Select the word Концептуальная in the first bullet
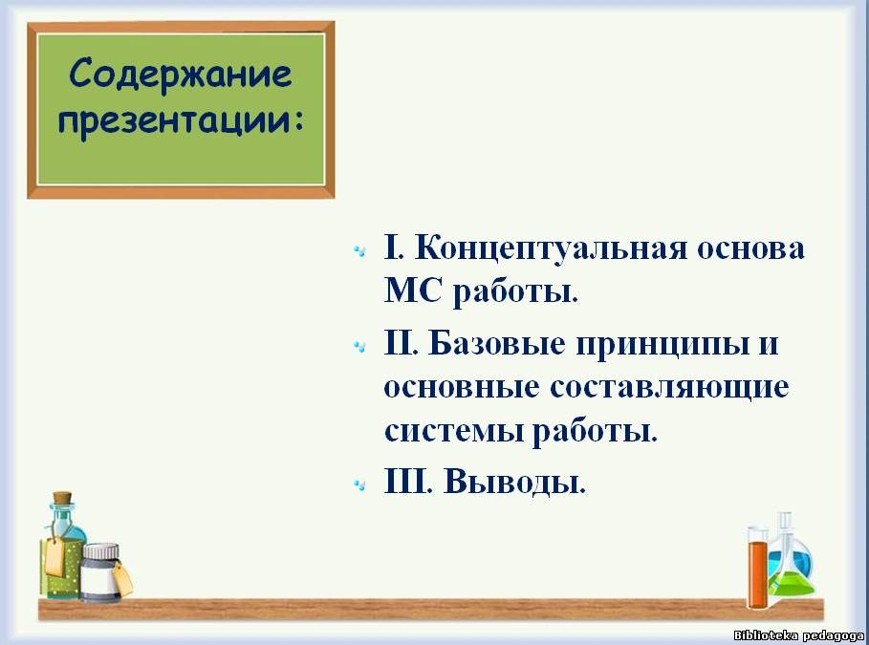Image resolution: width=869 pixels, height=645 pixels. (x=551, y=247)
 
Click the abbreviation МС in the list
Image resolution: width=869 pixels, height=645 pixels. (x=412, y=289)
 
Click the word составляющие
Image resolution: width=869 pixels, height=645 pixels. (x=669, y=387)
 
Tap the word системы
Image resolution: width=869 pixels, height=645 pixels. (x=453, y=431)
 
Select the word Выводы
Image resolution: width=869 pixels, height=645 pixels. (x=514, y=482)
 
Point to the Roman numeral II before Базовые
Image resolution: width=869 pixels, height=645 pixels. (x=401, y=343)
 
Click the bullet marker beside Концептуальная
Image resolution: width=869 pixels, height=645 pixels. (x=359, y=251)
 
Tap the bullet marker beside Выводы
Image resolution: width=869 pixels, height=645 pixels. (x=359, y=485)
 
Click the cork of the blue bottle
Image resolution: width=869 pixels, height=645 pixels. (x=62, y=498)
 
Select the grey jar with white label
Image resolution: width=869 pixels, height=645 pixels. (x=100, y=573)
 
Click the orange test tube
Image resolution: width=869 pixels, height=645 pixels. (x=757, y=568)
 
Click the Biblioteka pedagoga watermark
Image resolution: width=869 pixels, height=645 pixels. (x=798, y=635)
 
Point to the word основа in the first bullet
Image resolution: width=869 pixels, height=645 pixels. (x=750, y=248)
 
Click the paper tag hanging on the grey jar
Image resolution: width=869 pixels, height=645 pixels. (x=122, y=578)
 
